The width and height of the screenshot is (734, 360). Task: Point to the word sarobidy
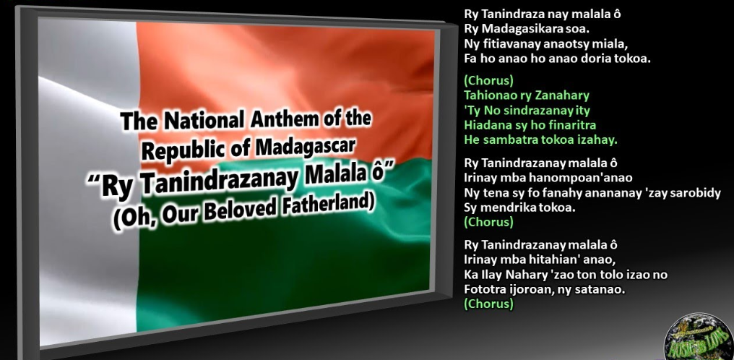[x=697, y=193]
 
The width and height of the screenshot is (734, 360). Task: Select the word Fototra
[x=483, y=289]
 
